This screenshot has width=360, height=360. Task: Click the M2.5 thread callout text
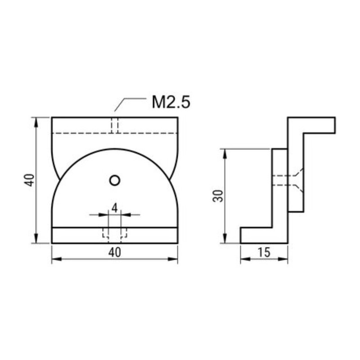(171, 103)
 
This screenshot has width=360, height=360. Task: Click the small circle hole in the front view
(115, 180)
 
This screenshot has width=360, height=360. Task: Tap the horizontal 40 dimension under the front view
(115, 253)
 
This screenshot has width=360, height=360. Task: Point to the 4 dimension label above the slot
(115, 208)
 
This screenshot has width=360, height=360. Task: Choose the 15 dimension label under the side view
(264, 253)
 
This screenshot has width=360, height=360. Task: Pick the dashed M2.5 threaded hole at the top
(115, 125)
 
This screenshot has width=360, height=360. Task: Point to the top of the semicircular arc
(115, 149)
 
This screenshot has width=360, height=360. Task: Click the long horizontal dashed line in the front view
(81, 133)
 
